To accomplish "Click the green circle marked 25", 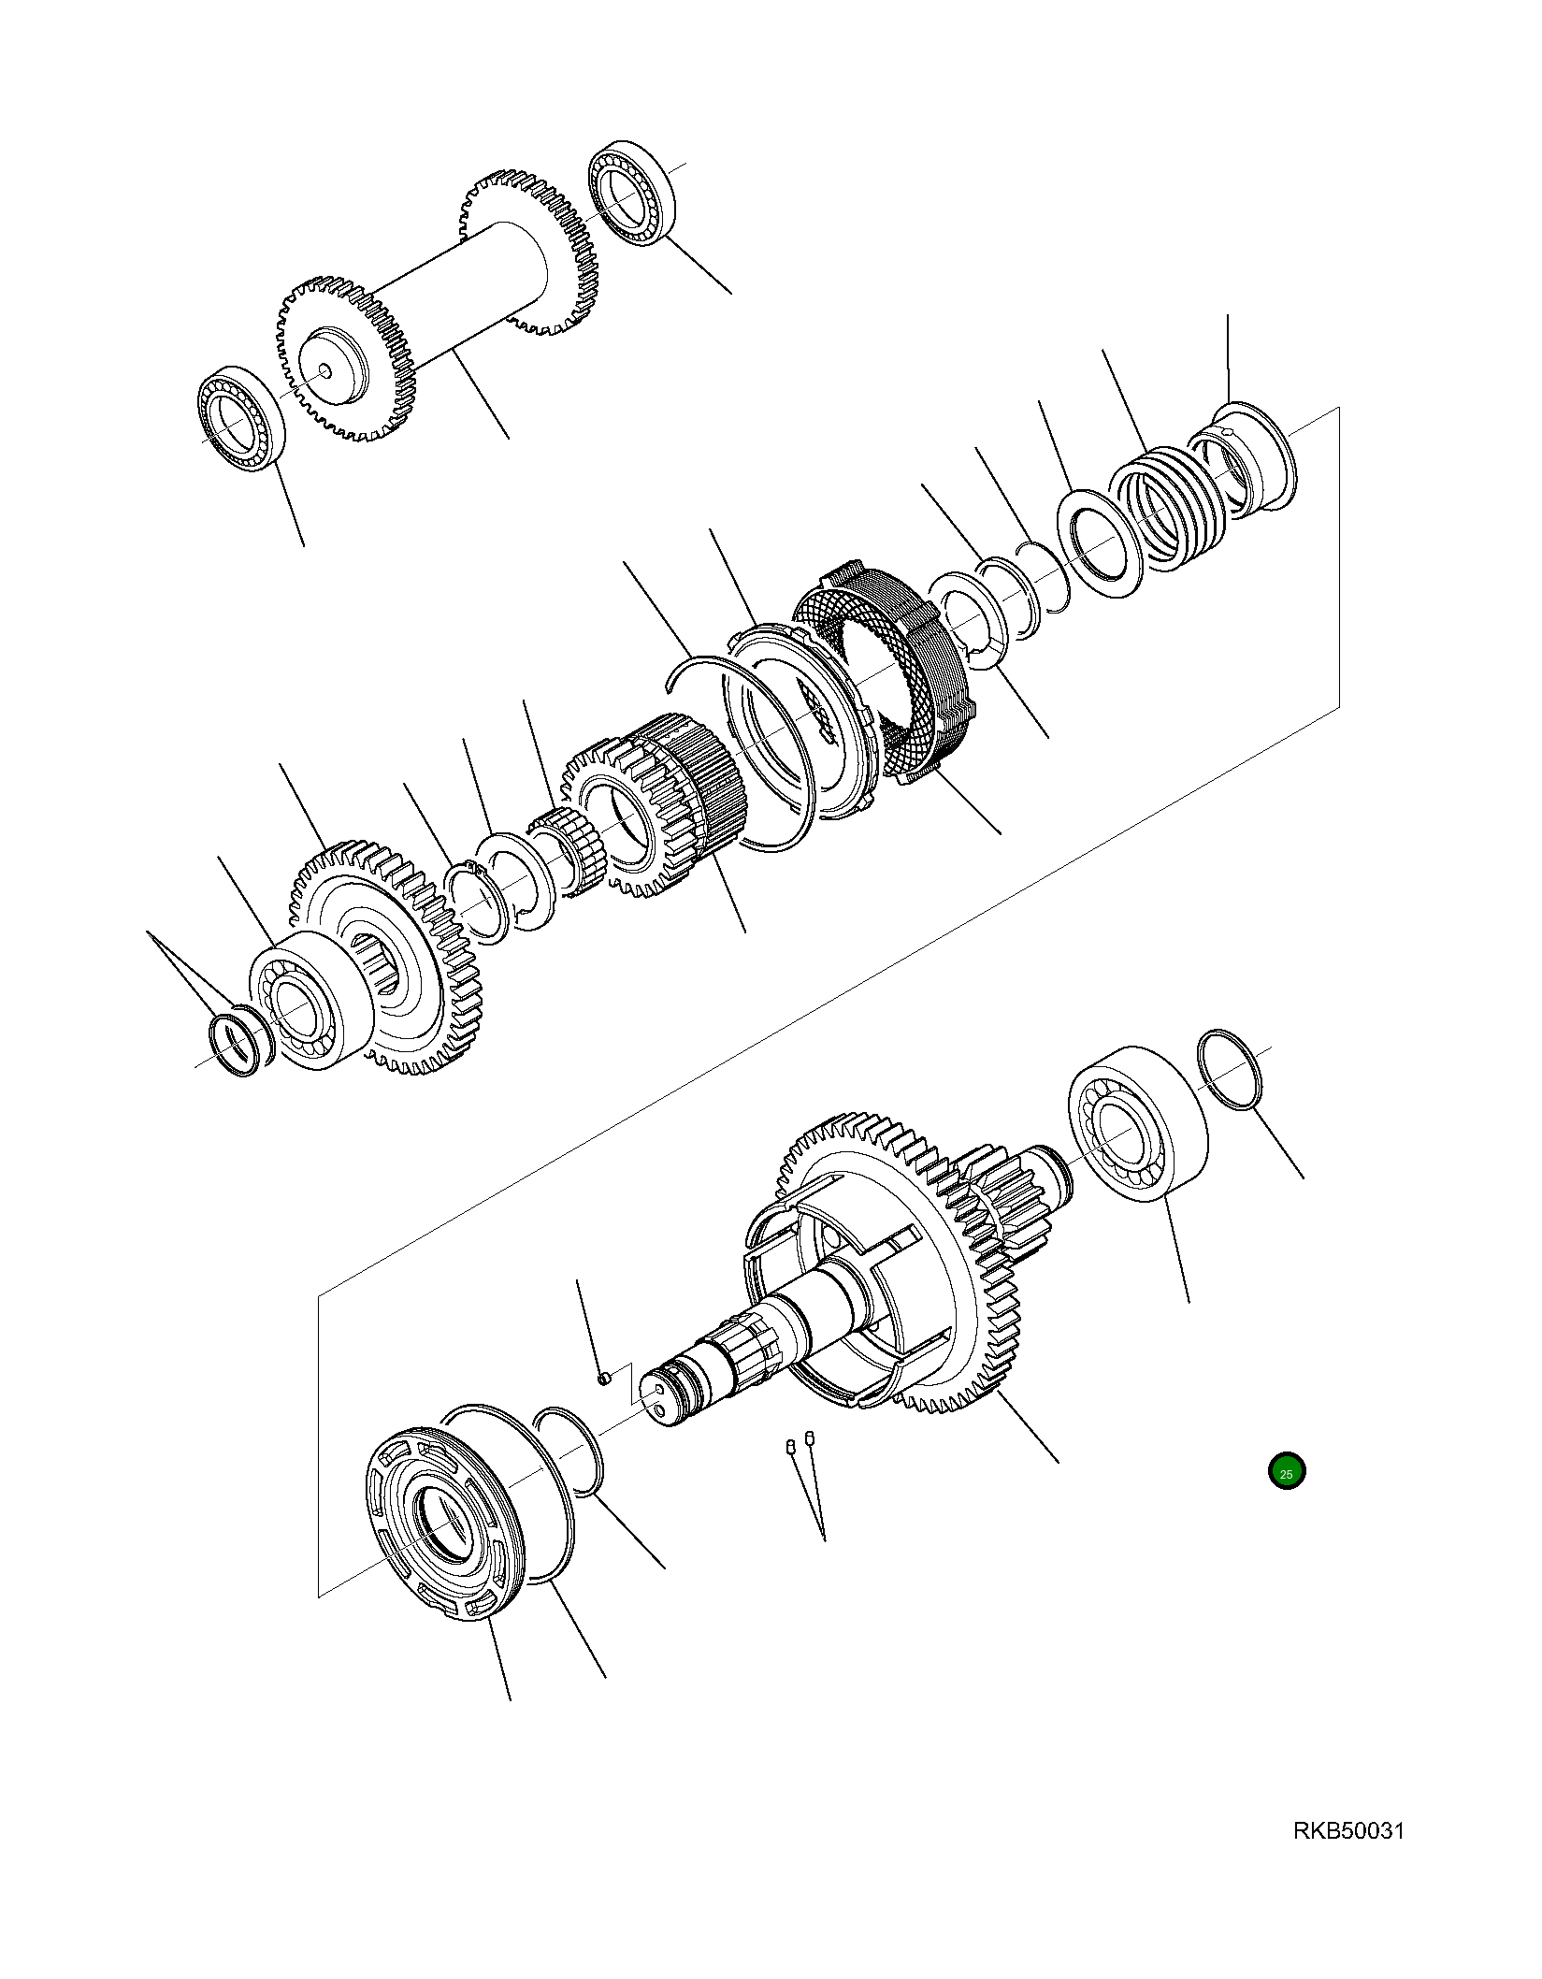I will pos(1287,1497).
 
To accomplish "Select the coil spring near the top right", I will pos(1164,510).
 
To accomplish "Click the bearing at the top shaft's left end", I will pos(241,418).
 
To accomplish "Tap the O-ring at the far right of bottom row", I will pos(1232,1071).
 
